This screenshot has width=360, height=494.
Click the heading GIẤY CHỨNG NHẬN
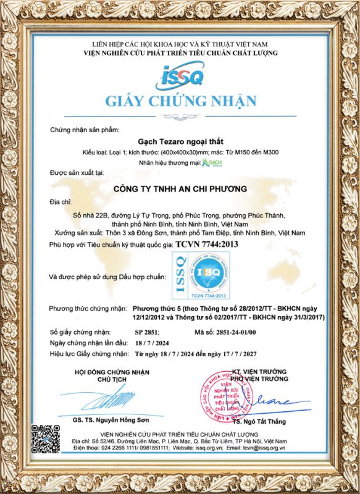coord(180,101)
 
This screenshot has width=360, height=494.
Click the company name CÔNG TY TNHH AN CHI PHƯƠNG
coord(180,188)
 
